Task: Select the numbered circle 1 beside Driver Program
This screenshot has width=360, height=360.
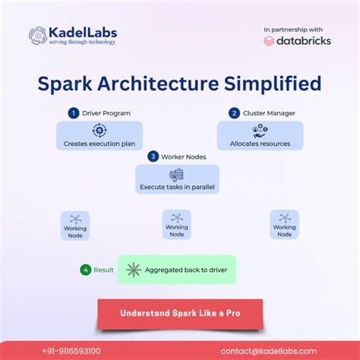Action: (74, 113)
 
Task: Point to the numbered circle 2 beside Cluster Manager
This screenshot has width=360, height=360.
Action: (235, 113)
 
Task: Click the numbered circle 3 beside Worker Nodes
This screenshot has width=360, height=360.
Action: (153, 156)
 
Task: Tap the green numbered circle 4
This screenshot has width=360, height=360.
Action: (87, 270)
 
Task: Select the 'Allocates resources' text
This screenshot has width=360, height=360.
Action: (260, 144)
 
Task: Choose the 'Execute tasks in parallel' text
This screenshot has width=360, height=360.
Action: (177, 186)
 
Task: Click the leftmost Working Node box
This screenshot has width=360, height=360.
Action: (75, 226)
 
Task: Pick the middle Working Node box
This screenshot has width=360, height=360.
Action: (176, 225)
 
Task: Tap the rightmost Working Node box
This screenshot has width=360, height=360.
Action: (284, 225)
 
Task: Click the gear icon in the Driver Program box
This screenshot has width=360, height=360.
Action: (99, 131)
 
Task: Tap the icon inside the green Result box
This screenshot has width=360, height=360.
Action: (134, 270)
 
